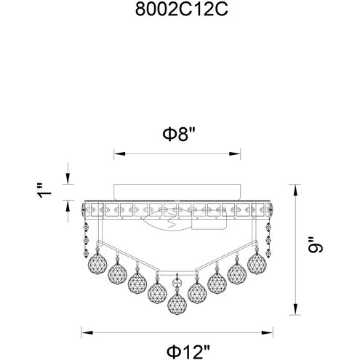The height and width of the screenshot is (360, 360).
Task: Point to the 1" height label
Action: point(45,191)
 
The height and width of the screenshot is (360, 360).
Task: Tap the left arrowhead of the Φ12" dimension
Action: point(81,334)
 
